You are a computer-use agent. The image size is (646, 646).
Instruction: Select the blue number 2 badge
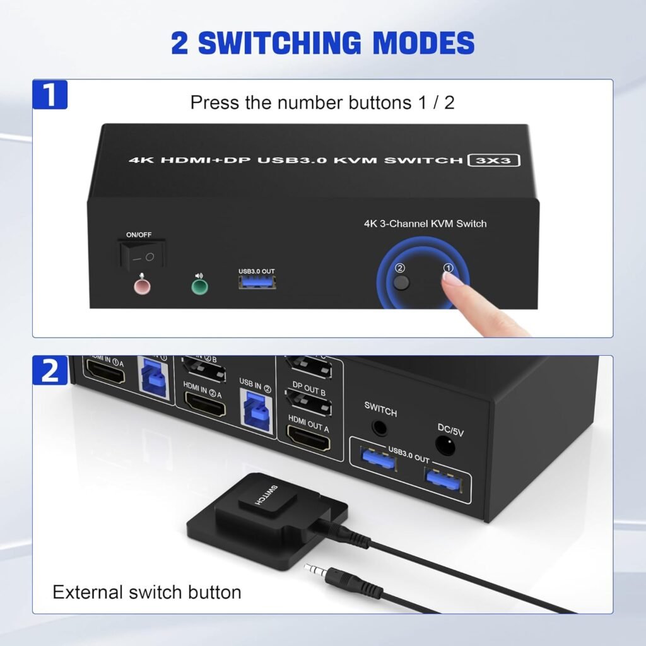(50, 370)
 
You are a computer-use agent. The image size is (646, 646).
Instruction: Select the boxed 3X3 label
(494, 160)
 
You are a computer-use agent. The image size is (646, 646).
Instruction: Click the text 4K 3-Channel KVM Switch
(425, 223)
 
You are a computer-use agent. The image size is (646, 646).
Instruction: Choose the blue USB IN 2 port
(256, 410)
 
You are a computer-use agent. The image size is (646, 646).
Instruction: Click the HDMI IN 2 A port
(204, 406)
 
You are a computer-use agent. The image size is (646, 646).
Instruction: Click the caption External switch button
(146, 592)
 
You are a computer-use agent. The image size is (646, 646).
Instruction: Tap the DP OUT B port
(308, 402)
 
